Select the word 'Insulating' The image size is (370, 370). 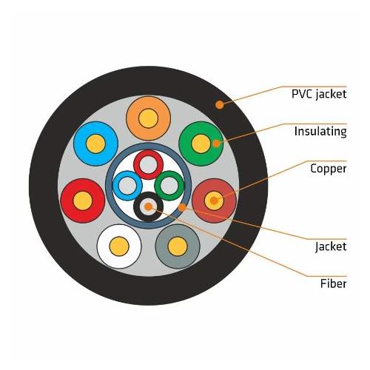(320, 132)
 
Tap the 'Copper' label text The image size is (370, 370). (328, 169)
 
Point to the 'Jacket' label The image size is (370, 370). (330, 246)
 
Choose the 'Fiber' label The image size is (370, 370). (333, 283)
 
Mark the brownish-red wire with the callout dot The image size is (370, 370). (213, 200)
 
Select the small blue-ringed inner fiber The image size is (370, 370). (128, 185)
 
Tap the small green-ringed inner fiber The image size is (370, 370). (169, 185)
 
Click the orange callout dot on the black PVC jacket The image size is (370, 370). (219, 105)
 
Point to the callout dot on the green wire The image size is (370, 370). (216, 142)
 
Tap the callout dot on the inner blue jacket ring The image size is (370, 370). (181, 208)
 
